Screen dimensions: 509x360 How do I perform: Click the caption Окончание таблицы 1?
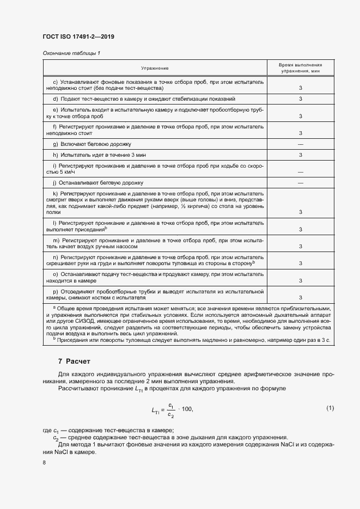(71, 53)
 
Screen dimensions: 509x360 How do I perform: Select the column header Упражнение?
(155, 68)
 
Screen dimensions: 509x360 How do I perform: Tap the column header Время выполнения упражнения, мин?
(300, 68)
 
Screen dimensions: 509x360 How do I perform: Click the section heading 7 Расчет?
(74, 361)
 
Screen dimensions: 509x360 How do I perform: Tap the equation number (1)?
(330, 408)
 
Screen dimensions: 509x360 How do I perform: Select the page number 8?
(44, 462)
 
